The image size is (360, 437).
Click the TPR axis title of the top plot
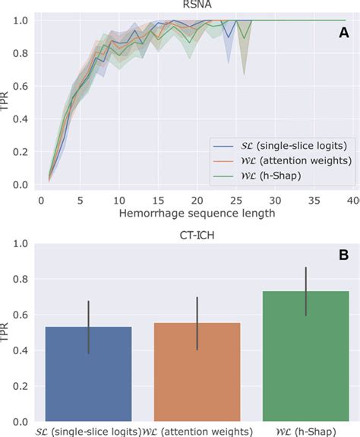coord(8,101)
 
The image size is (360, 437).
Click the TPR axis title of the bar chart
coord(8,332)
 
